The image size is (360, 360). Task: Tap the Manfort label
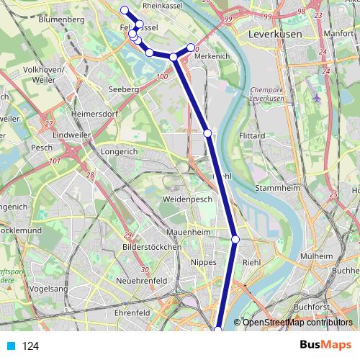[x=339, y=33]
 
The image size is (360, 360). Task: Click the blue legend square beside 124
[x=10, y=346]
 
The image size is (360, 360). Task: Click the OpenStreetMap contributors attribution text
[x=297, y=323]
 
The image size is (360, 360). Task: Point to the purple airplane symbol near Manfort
[x=318, y=96]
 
